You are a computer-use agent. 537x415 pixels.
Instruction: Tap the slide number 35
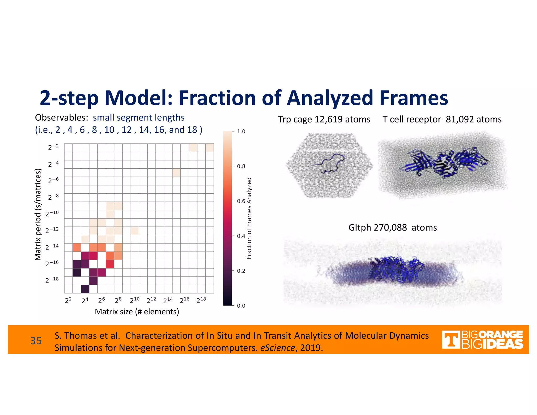[x=36, y=341]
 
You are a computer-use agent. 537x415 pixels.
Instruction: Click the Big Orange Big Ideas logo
[x=482, y=340]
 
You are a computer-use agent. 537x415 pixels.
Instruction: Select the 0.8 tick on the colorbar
[x=241, y=166]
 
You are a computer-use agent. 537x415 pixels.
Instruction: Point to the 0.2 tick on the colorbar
[x=241, y=271]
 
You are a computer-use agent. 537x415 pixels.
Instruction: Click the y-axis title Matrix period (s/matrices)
[x=38, y=215]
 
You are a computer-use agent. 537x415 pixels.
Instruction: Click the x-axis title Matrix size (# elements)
[x=137, y=312]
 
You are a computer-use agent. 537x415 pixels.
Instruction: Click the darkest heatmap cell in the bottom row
[x=85, y=289]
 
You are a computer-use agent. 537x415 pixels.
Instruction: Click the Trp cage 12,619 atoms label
[x=324, y=119]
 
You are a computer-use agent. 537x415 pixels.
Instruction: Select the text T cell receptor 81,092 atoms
[x=442, y=119]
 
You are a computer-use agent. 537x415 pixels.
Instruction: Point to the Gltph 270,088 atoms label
[x=393, y=227]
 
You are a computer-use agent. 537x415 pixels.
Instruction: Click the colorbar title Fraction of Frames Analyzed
[x=249, y=218]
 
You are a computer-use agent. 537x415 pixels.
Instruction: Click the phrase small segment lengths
[x=139, y=118]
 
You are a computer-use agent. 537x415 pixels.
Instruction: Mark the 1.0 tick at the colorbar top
[x=241, y=131]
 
